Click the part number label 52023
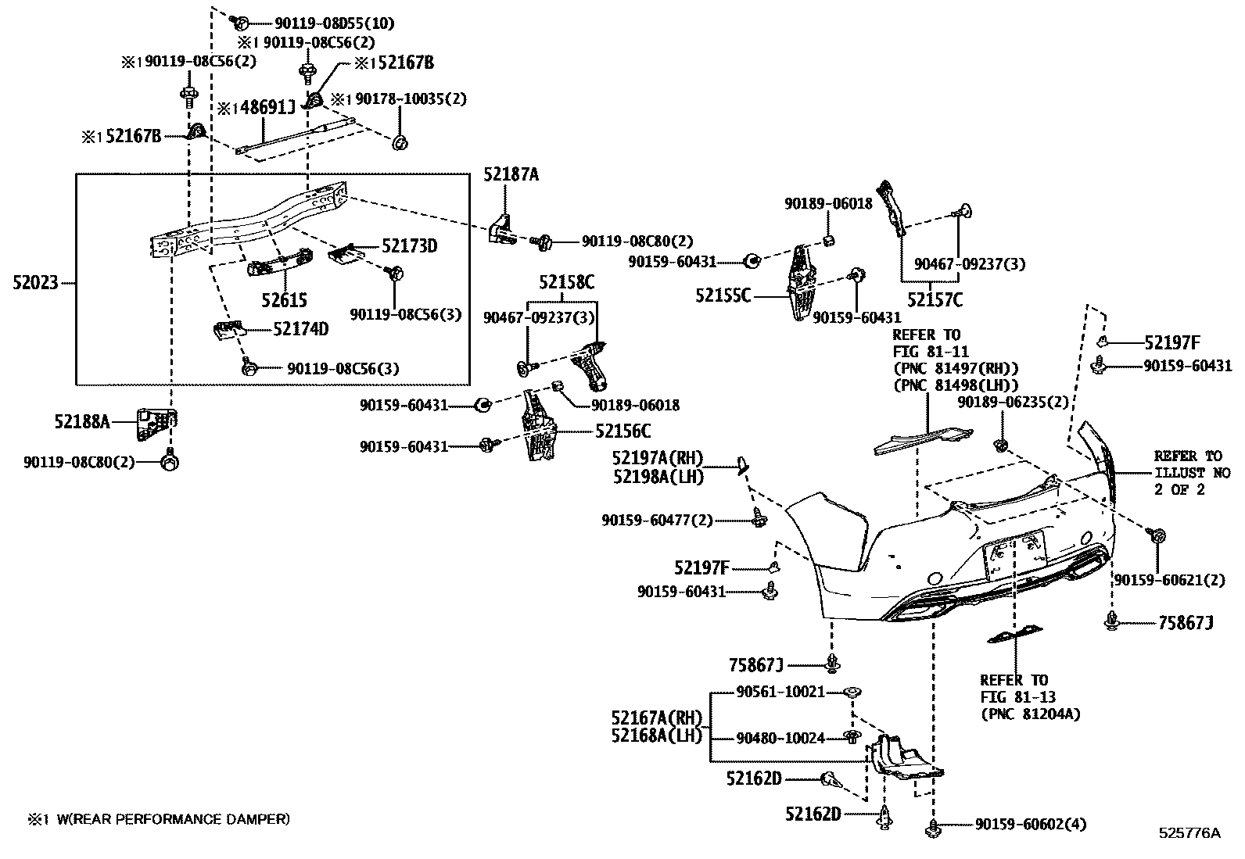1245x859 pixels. point(35,282)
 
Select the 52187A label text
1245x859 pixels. point(511,175)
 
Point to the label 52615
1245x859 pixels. point(284,300)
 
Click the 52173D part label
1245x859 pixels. point(409,246)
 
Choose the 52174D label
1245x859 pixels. point(300,329)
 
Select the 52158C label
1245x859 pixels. point(566,282)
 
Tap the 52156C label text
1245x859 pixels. point(622,431)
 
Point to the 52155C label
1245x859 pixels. point(723,295)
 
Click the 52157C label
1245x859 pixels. point(935,299)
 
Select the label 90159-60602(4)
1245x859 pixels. point(1030,825)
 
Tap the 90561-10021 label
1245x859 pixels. point(780,692)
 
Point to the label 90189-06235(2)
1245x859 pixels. point(1013,402)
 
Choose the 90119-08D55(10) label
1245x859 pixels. point(323,23)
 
